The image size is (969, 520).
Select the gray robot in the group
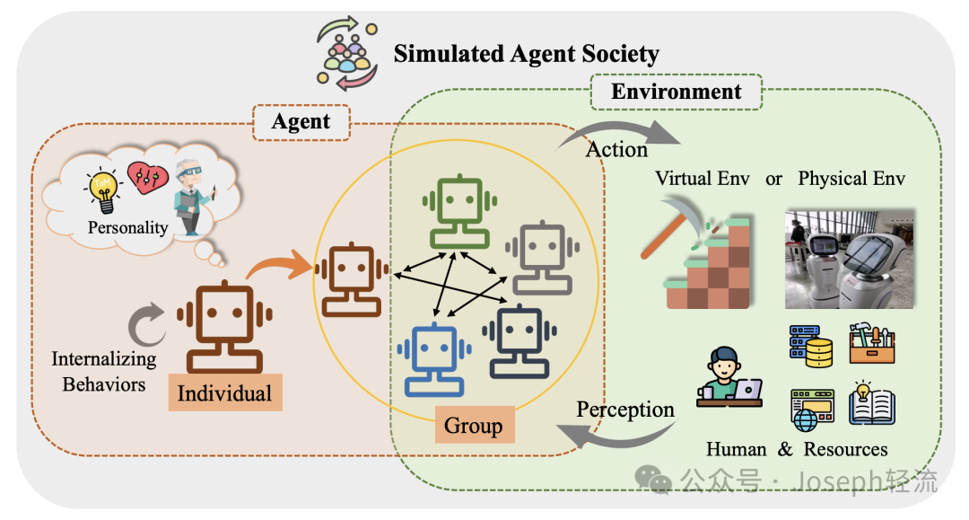click(538, 260)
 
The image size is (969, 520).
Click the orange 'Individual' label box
click(224, 393)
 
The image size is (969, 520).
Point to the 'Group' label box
click(473, 425)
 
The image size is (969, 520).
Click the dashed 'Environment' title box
click(676, 92)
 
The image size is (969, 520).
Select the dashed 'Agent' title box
click(301, 121)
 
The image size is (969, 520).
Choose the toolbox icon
click(871, 343)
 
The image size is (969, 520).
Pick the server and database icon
click(810, 346)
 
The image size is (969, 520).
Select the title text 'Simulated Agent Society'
click(526, 54)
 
